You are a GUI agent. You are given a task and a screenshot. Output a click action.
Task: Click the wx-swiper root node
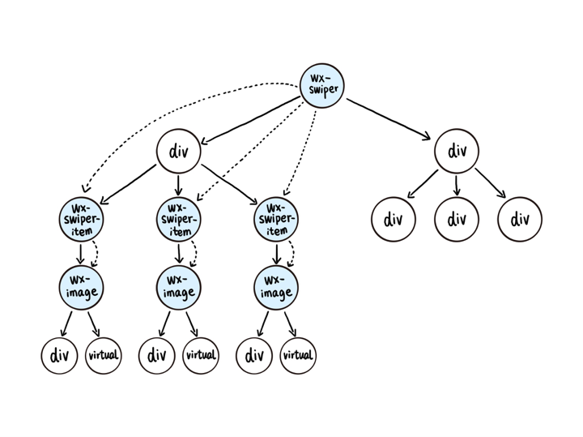pyautogui.click(x=322, y=86)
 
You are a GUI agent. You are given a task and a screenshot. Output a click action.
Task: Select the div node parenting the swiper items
pyautogui.click(x=178, y=151)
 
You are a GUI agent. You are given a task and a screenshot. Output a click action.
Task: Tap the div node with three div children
pyautogui.click(x=457, y=151)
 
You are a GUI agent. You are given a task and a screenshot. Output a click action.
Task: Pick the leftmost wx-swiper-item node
pyautogui.click(x=81, y=220)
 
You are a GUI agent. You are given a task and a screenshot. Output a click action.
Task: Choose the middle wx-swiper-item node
pyautogui.click(x=178, y=220)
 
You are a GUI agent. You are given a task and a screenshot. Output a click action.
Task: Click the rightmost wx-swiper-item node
pyautogui.click(x=276, y=220)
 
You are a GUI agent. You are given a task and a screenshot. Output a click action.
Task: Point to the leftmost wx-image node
pyautogui.click(x=81, y=288)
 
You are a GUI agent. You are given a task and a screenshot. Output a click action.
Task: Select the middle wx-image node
pyautogui.click(x=178, y=288)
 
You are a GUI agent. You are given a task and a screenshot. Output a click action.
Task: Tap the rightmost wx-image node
pyautogui.click(x=276, y=288)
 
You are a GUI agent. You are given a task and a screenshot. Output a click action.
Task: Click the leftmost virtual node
pyautogui.click(x=104, y=355)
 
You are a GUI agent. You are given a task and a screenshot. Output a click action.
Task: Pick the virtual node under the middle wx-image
pyautogui.click(x=201, y=355)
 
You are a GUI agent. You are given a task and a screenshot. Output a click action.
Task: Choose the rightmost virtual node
pyautogui.click(x=298, y=355)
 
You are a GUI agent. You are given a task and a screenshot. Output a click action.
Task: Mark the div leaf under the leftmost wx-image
pyautogui.click(x=59, y=355)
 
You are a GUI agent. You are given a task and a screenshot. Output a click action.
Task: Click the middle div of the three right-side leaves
pyautogui.click(x=457, y=220)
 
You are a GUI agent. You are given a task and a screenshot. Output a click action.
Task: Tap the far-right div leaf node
pyautogui.click(x=520, y=220)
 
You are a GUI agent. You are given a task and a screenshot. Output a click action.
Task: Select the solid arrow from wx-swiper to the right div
pyautogui.click(x=389, y=119)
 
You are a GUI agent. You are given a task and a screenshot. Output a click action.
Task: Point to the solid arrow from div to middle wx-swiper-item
pyautogui.click(x=178, y=185)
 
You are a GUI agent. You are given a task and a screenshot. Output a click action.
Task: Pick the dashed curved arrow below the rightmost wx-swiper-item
pyautogui.click(x=292, y=254)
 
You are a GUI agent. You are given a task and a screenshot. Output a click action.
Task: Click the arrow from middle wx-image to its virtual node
pyautogui.click(x=191, y=323)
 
